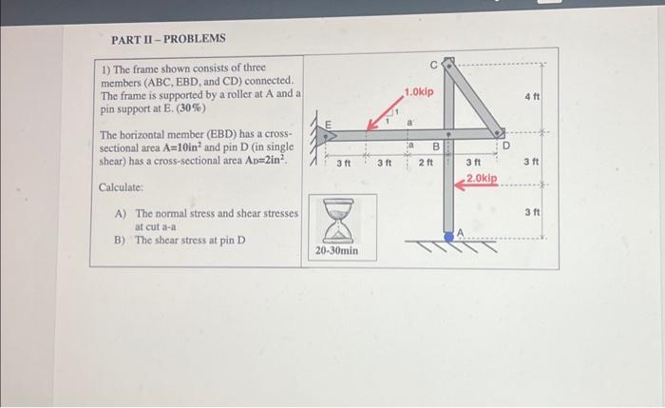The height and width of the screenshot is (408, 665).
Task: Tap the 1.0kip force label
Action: (x=418, y=92)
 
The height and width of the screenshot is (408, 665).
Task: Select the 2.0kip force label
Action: (x=482, y=178)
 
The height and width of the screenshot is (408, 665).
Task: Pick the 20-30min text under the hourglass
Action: (x=336, y=251)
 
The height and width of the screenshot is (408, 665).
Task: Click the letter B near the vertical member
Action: (x=436, y=147)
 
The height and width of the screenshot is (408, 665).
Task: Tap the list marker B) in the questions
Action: (x=120, y=240)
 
